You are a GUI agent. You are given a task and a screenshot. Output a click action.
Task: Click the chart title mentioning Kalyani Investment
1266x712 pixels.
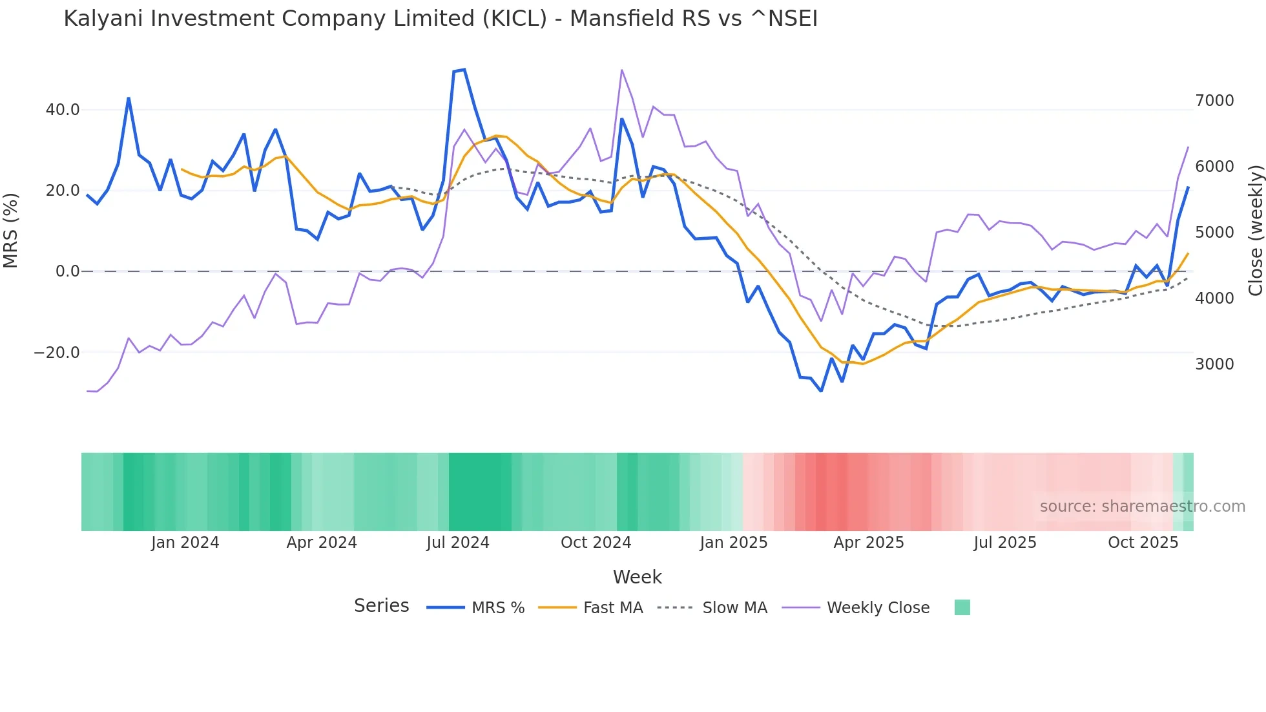(441, 19)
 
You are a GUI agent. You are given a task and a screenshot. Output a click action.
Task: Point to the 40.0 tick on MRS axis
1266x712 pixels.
(63, 110)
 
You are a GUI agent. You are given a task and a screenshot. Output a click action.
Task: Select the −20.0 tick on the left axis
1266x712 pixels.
(57, 353)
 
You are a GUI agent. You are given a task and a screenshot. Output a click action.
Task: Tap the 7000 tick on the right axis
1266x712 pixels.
(1214, 101)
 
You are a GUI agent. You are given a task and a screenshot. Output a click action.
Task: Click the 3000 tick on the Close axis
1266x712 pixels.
(1214, 364)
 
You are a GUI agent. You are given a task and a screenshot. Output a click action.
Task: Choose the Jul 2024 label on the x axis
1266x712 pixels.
(457, 543)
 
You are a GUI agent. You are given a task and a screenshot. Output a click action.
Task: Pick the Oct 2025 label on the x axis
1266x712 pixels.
(1143, 543)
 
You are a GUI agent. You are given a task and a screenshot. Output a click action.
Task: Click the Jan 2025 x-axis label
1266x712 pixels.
(733, 543)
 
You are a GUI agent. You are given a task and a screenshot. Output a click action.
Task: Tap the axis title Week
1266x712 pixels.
(637, 577)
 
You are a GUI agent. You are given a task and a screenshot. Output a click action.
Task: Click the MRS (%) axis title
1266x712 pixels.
(11, 230)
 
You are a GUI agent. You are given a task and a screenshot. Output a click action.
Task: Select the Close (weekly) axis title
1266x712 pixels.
(1255, 230)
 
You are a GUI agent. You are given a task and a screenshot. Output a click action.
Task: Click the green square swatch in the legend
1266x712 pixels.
(962, 607)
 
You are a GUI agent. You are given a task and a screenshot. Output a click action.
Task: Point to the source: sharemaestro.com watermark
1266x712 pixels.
(1142, 507)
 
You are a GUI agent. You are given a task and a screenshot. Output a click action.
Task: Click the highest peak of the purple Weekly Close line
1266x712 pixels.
(621, 70)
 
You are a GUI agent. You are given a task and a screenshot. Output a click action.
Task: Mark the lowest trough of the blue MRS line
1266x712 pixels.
(821, 391)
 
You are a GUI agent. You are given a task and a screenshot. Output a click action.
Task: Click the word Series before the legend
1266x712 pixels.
(381, 606)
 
